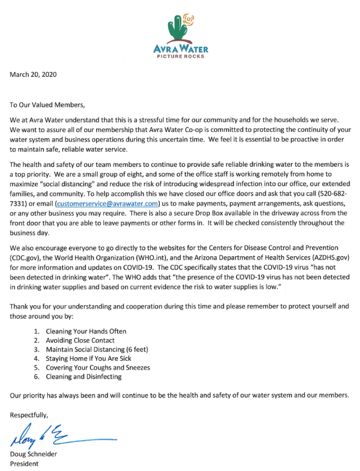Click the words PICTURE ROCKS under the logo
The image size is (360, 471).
(x=180, y=56)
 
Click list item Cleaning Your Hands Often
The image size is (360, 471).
(x=86, y=331)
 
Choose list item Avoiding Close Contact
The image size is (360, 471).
(x=80, y=340)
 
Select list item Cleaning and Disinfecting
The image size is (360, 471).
(x=83, y=377)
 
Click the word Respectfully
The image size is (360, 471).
(x=30, y=414)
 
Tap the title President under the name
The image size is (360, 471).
(x=25, y=464)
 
